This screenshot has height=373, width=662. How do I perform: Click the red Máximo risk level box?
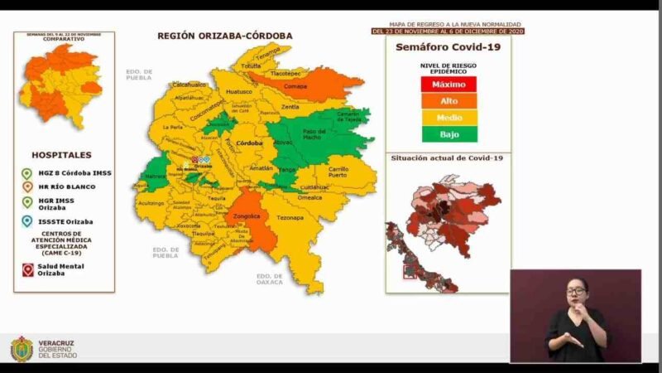pos(448,85)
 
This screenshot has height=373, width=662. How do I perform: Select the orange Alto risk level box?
pos(448,100)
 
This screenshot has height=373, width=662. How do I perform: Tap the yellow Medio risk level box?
pos(448,117)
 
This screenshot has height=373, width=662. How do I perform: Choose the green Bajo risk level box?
pos(448,133)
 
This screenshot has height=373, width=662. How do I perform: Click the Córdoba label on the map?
pos(249,143)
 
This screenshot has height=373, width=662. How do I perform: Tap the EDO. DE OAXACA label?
pos(270,279)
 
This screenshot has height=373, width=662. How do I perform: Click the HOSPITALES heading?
pos(62,155)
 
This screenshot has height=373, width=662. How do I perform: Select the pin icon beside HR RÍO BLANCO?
pos(26,186)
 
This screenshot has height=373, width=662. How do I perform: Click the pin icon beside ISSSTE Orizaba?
pos(26,221)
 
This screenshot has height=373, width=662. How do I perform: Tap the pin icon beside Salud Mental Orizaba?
pos(26,269)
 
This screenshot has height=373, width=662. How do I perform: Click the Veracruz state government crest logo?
pos(22,348)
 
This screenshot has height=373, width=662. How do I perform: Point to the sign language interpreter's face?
pos(576,291)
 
